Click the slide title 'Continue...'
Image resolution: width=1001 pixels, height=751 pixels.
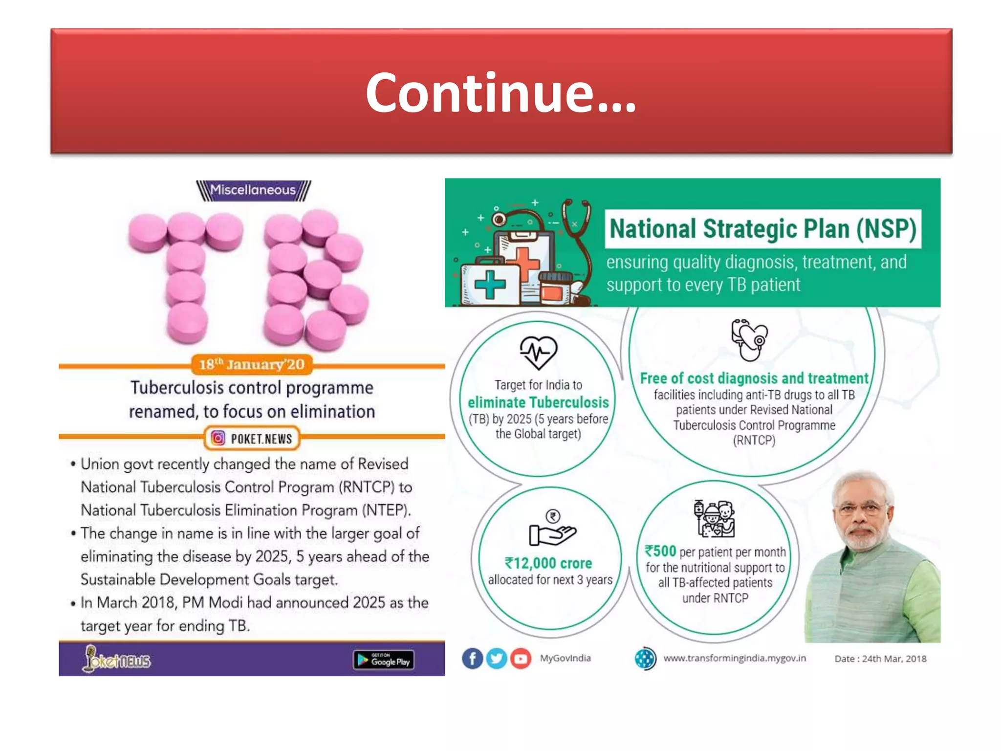pyautogui.click(x=501, y=93)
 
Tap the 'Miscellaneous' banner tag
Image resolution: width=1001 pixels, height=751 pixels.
pyautogui.click(x=253, y=190)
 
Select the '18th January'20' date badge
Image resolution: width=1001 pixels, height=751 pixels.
pyautogui.click(x=252, y=365)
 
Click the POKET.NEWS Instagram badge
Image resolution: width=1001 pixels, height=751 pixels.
pyautogui.click(x=252, y=439)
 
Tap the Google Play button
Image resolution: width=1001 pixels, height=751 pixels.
pyautogui.click(x=384, y=661)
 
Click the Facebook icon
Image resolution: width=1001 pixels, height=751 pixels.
pyautogui.click(x=472, y=659)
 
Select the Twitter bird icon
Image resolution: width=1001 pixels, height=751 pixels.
pyautogui.click(x=497, y=659)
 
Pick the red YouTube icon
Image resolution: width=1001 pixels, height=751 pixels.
pyautogui.click(x=521, y=659)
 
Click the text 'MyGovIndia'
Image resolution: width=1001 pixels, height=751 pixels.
pyautogui.click(x=566, y=658)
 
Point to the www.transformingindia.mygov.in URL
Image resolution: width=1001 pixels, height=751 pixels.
pyautogui.click(x=735, y=658)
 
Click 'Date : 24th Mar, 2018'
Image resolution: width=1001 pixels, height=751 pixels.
pyautogui.click(x=880, y=659)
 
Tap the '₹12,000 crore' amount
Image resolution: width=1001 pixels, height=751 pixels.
pyautogui.click(x=548, y=563)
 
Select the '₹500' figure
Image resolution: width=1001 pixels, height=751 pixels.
pyautogui.click(x=660, y=551)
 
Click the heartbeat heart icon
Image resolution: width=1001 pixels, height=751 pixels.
pyautogui.click(x=538, y=352)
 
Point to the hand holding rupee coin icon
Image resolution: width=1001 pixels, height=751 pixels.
pyautogui.click(x=553, y=528)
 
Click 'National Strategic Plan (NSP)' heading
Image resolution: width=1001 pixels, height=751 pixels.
pyautogui.click(x=763, y=229)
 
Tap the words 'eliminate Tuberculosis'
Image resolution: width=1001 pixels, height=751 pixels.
pyautogui.click(x=538, y=402)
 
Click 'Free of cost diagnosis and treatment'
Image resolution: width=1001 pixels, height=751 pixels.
pyautogui.click(x=754, y=378)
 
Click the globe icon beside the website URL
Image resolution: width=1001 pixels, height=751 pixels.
pyautogui.click(x=645, y=659)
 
